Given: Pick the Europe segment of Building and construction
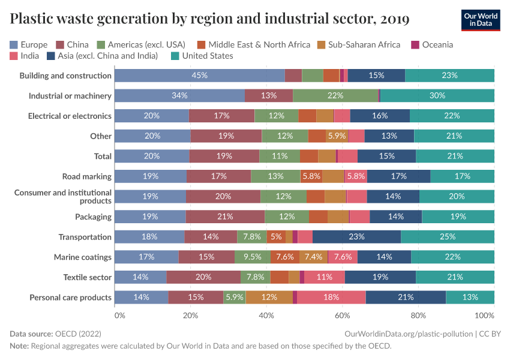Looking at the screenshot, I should click(x=199, y=76).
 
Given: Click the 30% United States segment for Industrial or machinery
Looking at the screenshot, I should click(x=437, y=95).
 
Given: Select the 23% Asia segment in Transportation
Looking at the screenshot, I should click(x=356, y=237).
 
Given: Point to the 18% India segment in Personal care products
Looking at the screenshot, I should click(x=331, y=298).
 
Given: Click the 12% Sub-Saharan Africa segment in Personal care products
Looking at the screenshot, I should click(x=269, y=298).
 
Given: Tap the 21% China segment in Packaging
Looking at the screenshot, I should click(x=225, y=217).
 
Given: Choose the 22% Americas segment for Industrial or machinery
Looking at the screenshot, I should click(x=335, y=95).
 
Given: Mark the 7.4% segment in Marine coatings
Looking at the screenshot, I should click(x=313, y=257).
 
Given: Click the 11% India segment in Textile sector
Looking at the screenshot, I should click(x=325, y=277).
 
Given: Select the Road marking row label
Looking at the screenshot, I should click(x=87, y=176).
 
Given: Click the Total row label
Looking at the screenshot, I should click(x=103, y=156).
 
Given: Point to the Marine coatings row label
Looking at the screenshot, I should click(x=83, y=257).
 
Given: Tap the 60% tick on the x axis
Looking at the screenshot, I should click(x=343, y=316).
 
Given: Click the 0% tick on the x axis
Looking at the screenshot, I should click(x=119, y=316).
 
